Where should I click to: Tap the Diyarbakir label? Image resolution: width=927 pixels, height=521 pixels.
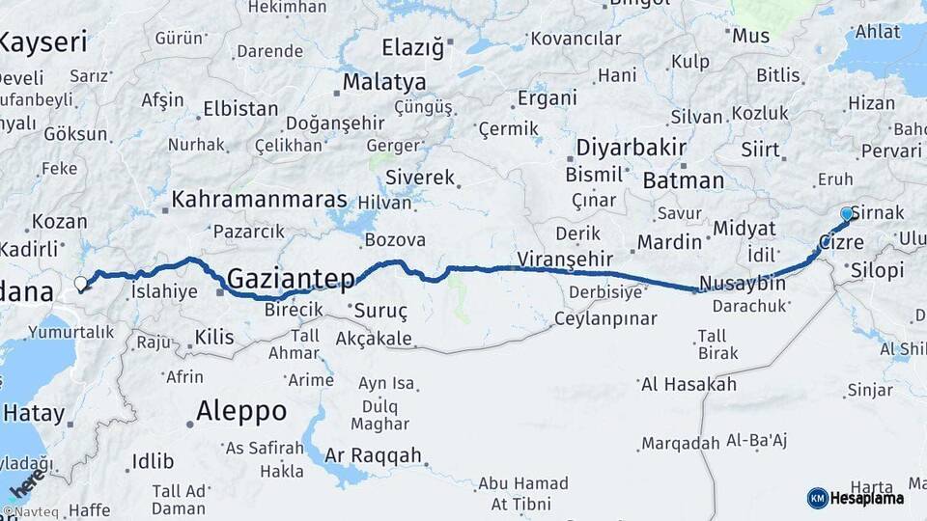point(631,149)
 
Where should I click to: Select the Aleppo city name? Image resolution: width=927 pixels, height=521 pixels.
point(241,411)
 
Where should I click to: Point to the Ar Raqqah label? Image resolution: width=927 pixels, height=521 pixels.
point(373,455)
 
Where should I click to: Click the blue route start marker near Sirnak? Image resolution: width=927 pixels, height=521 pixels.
point(847,214)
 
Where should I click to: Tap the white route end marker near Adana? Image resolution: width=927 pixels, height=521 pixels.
point(81,284)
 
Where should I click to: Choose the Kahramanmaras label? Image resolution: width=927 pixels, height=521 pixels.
point(259,200)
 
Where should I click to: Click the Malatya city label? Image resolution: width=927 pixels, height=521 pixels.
point(383,81)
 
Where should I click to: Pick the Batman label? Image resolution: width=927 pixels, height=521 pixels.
point(683,180)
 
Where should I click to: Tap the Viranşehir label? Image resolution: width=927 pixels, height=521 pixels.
point(565,259)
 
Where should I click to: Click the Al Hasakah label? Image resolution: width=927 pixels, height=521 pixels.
point(688,384)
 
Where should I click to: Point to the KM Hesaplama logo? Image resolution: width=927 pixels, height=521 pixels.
point(856,498)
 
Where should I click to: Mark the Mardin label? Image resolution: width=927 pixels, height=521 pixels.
point(668,241)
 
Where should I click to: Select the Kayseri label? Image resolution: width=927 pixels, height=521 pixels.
point(43,42)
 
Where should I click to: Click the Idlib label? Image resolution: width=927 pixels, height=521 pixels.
point(153,460)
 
